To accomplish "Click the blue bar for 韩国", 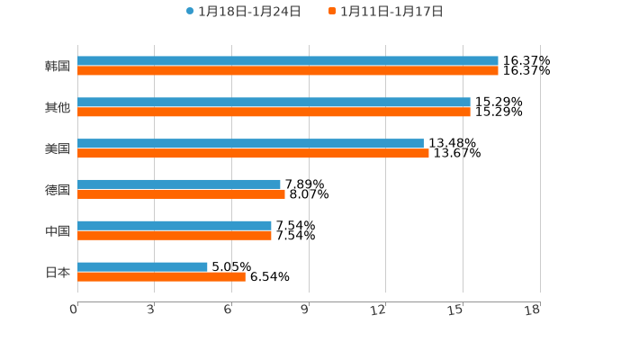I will pyautogui.click(x=288, y=61).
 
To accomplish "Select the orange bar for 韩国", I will pyautogui.click(x=288, y=71).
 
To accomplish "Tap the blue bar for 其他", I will pyautogui.click(x=274, y=103).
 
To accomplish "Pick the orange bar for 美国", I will pyautogui.click(x=253, y=154).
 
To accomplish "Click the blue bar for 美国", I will pyautogui.click(x=250, y=144).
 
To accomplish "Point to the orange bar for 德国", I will pyautogui.click(x=181, y=194).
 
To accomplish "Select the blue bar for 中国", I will pyautogui.click(x=175, y=226).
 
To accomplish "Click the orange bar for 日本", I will pyautogui.click(x=161, y=277).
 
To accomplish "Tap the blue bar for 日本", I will pyautogui.click(x=142, y=267).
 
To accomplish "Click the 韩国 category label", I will pyautogui.click(x=58, y=67).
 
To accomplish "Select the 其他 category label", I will pyautogui.click(x=58, y=108).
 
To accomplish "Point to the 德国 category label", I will pyautogui.click(x=58, y=190).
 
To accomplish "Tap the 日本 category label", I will pyautogui.click(x=58, y=273).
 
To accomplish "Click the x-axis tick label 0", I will pyautogui.click(x=74, y=310).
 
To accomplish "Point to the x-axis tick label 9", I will pyautogui.click(x=305, y=310).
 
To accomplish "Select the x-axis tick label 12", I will pyautogui.click(x=379, y=310).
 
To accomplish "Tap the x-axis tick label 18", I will pyautogui.click(x=533, y=310).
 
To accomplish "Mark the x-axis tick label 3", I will pyautogui.click(x=151, y=310).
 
